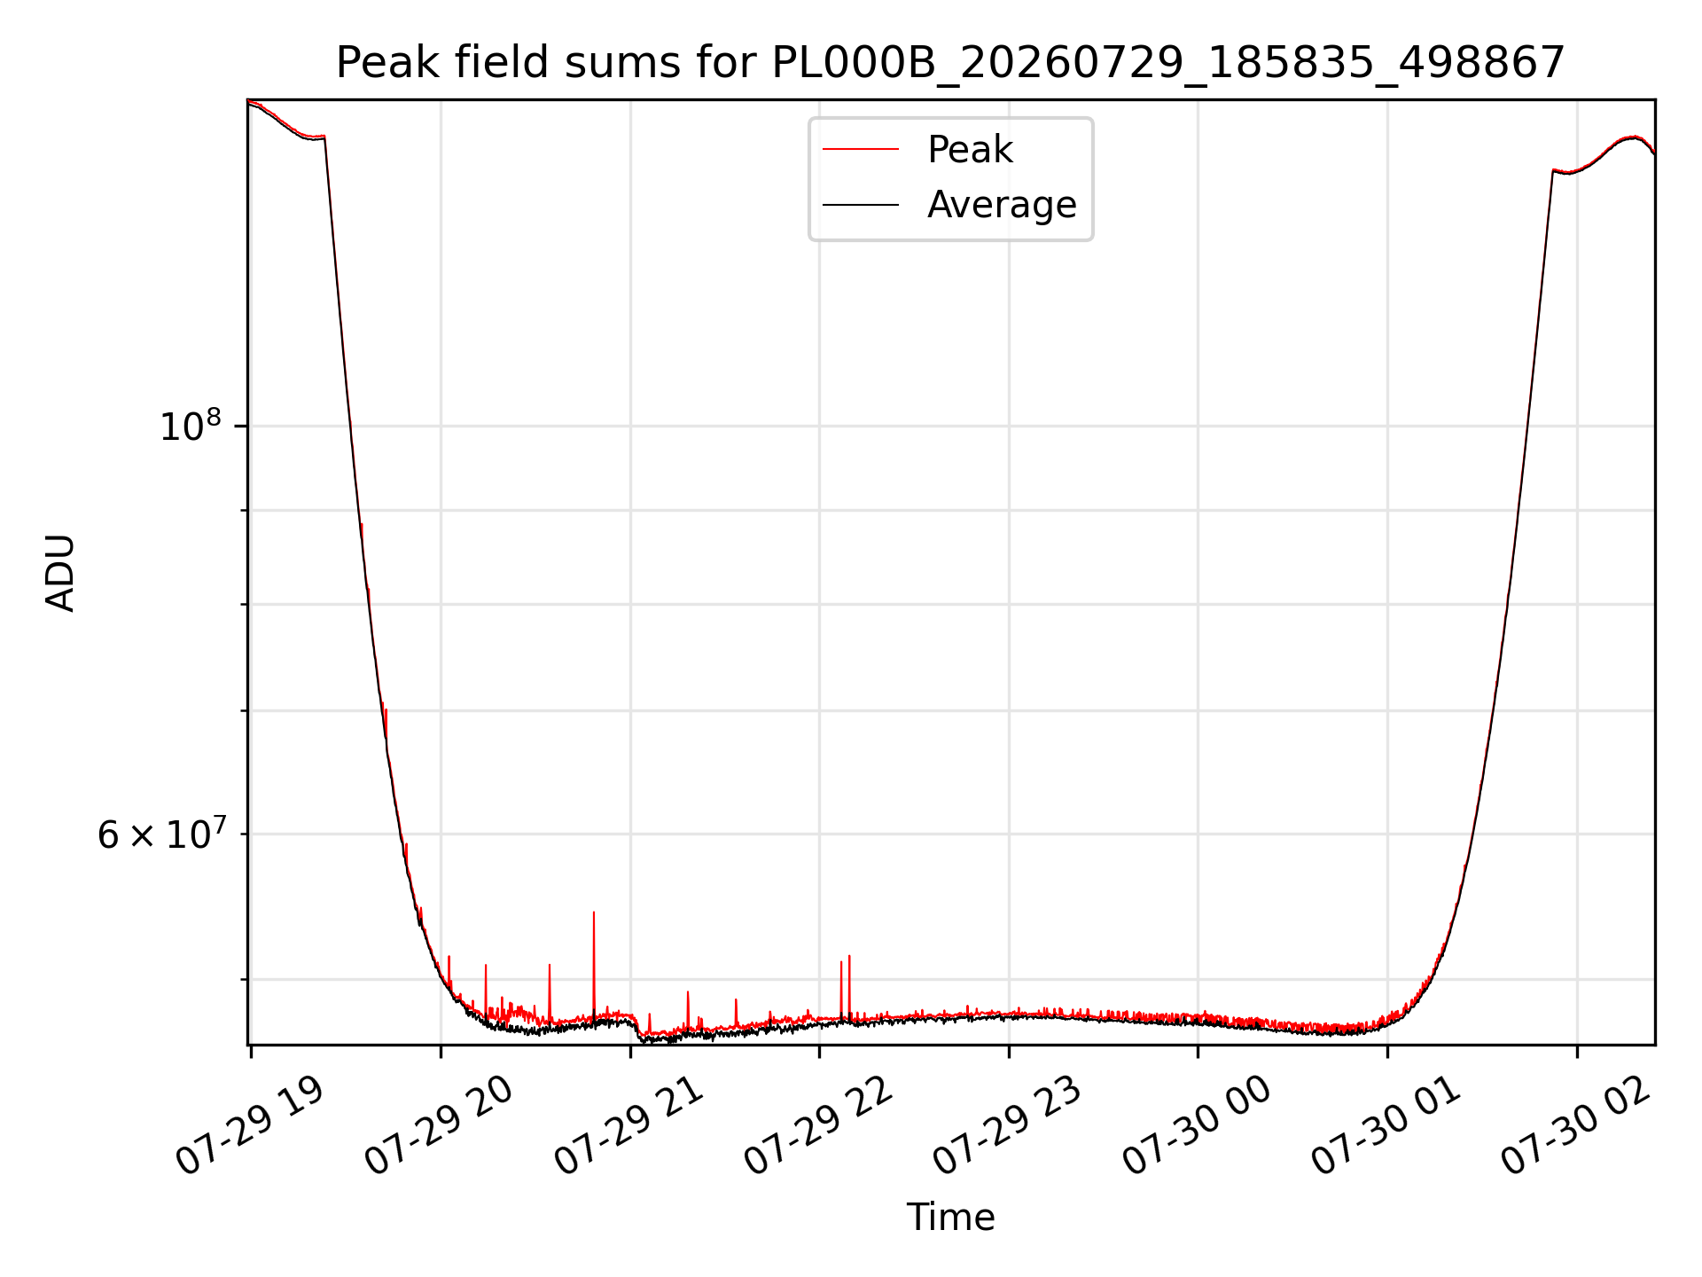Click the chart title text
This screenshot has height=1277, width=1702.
950,63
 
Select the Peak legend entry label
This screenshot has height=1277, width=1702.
970,150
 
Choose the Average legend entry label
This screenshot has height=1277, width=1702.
1002,205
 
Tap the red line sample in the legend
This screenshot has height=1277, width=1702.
861,150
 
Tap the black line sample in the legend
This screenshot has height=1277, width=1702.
861,205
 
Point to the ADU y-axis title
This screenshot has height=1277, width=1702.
60,573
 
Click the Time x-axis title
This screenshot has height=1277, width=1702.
950,1218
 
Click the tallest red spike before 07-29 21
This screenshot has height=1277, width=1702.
594,913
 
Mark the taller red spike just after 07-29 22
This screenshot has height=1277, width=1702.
849,956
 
